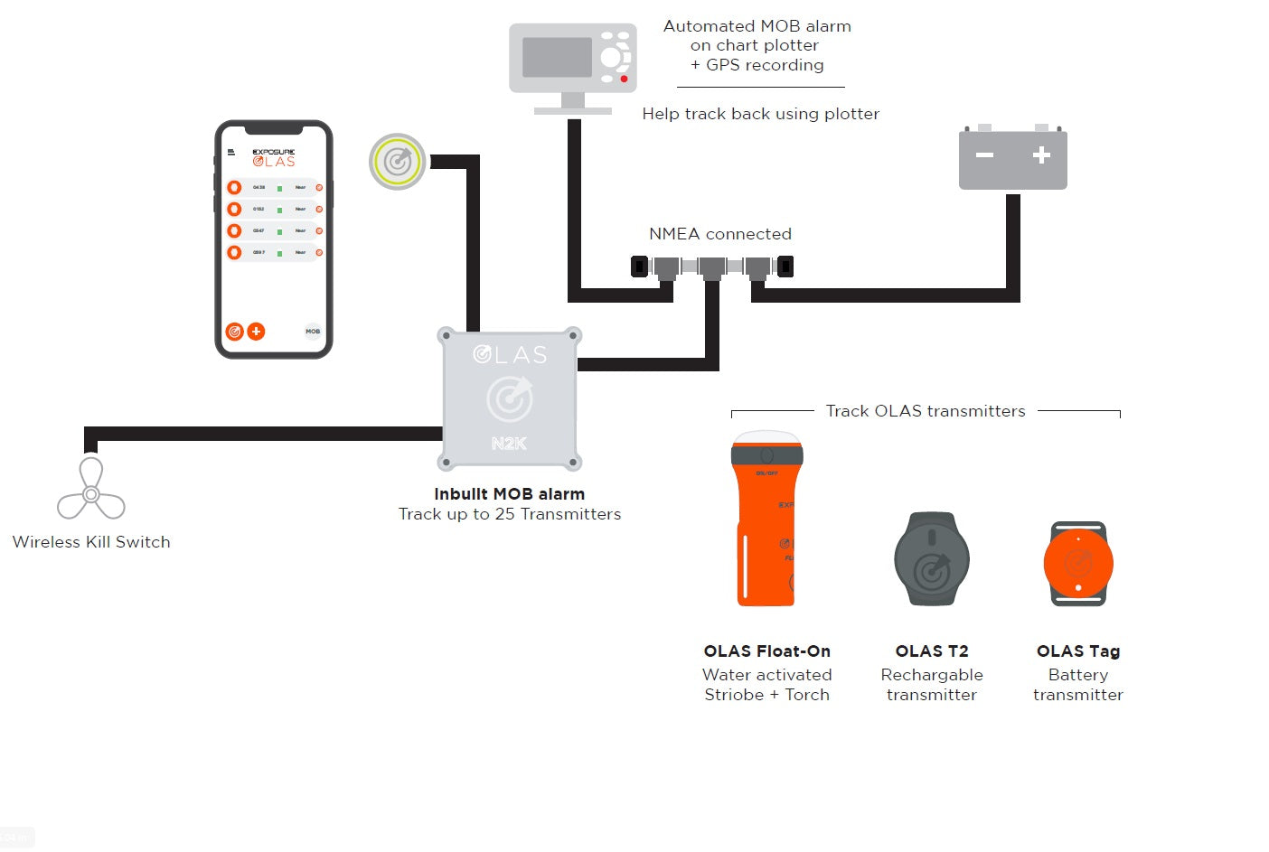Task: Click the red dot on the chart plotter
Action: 624,79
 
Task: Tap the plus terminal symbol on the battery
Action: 1041,155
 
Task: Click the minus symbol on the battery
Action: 984,155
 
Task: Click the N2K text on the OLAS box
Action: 509,444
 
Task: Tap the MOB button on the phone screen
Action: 313,332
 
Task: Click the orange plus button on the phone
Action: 257,332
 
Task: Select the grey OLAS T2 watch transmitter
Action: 932,558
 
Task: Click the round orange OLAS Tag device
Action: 1078,563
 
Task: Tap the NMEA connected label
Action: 720,234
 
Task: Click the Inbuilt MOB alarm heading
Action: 509,494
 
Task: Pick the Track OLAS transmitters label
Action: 926,411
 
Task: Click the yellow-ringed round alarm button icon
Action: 398,162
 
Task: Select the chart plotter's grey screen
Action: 557,57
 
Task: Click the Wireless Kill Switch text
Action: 91,542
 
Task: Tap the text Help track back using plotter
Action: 760,114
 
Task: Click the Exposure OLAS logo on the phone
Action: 274,158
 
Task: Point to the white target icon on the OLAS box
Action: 510,398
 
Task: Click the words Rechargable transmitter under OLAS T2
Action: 932,685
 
